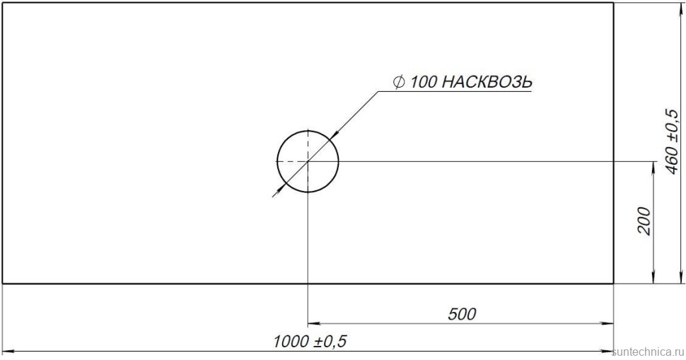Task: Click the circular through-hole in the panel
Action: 318,173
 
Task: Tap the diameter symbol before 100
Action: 399,82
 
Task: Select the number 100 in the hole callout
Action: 424,82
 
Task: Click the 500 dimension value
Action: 462,313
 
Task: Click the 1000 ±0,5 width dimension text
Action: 310,342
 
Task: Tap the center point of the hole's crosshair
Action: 308,161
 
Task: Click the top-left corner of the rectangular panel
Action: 2,3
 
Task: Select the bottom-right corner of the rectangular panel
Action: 613,284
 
